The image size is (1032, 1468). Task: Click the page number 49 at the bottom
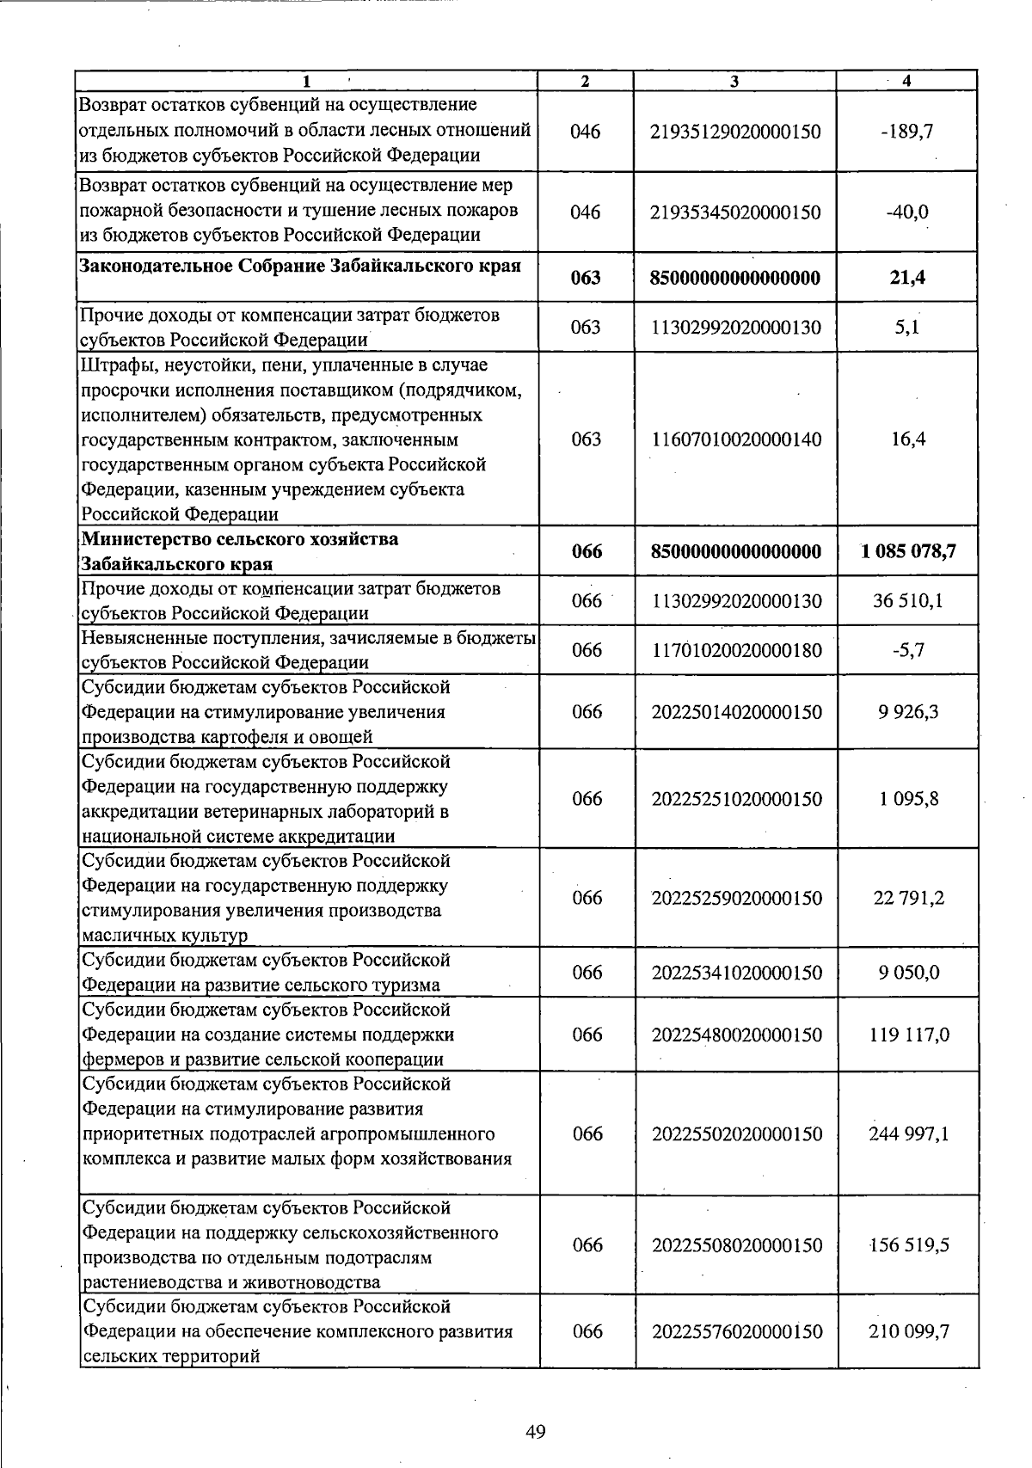click(x=535, y=1432)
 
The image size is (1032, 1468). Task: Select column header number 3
click(x=734, y=81)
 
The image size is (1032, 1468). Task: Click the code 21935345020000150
click(x=736, y=212)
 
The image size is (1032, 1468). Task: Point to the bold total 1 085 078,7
click(x=908, y=551)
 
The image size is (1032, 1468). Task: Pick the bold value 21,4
click(x=907, y=278)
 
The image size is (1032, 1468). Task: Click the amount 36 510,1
click(x=908, y=600)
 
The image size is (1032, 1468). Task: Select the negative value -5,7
click(x=908, y=650)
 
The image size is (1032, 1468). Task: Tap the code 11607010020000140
click(x=736, y=439)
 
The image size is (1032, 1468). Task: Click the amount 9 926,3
click(x=908, y=712)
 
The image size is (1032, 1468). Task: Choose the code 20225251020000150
click(x=736, y=799)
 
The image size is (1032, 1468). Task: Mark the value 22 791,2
click(x=908, y=898)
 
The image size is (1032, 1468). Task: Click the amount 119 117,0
click(x=908, y=1035)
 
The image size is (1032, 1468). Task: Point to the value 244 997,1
click(x=908, y=1133)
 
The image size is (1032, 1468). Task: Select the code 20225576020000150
click(x=736, y=1331)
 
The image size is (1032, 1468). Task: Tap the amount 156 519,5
click(x=908, y=1245)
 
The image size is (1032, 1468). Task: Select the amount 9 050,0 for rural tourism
click(x=908, y=973)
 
